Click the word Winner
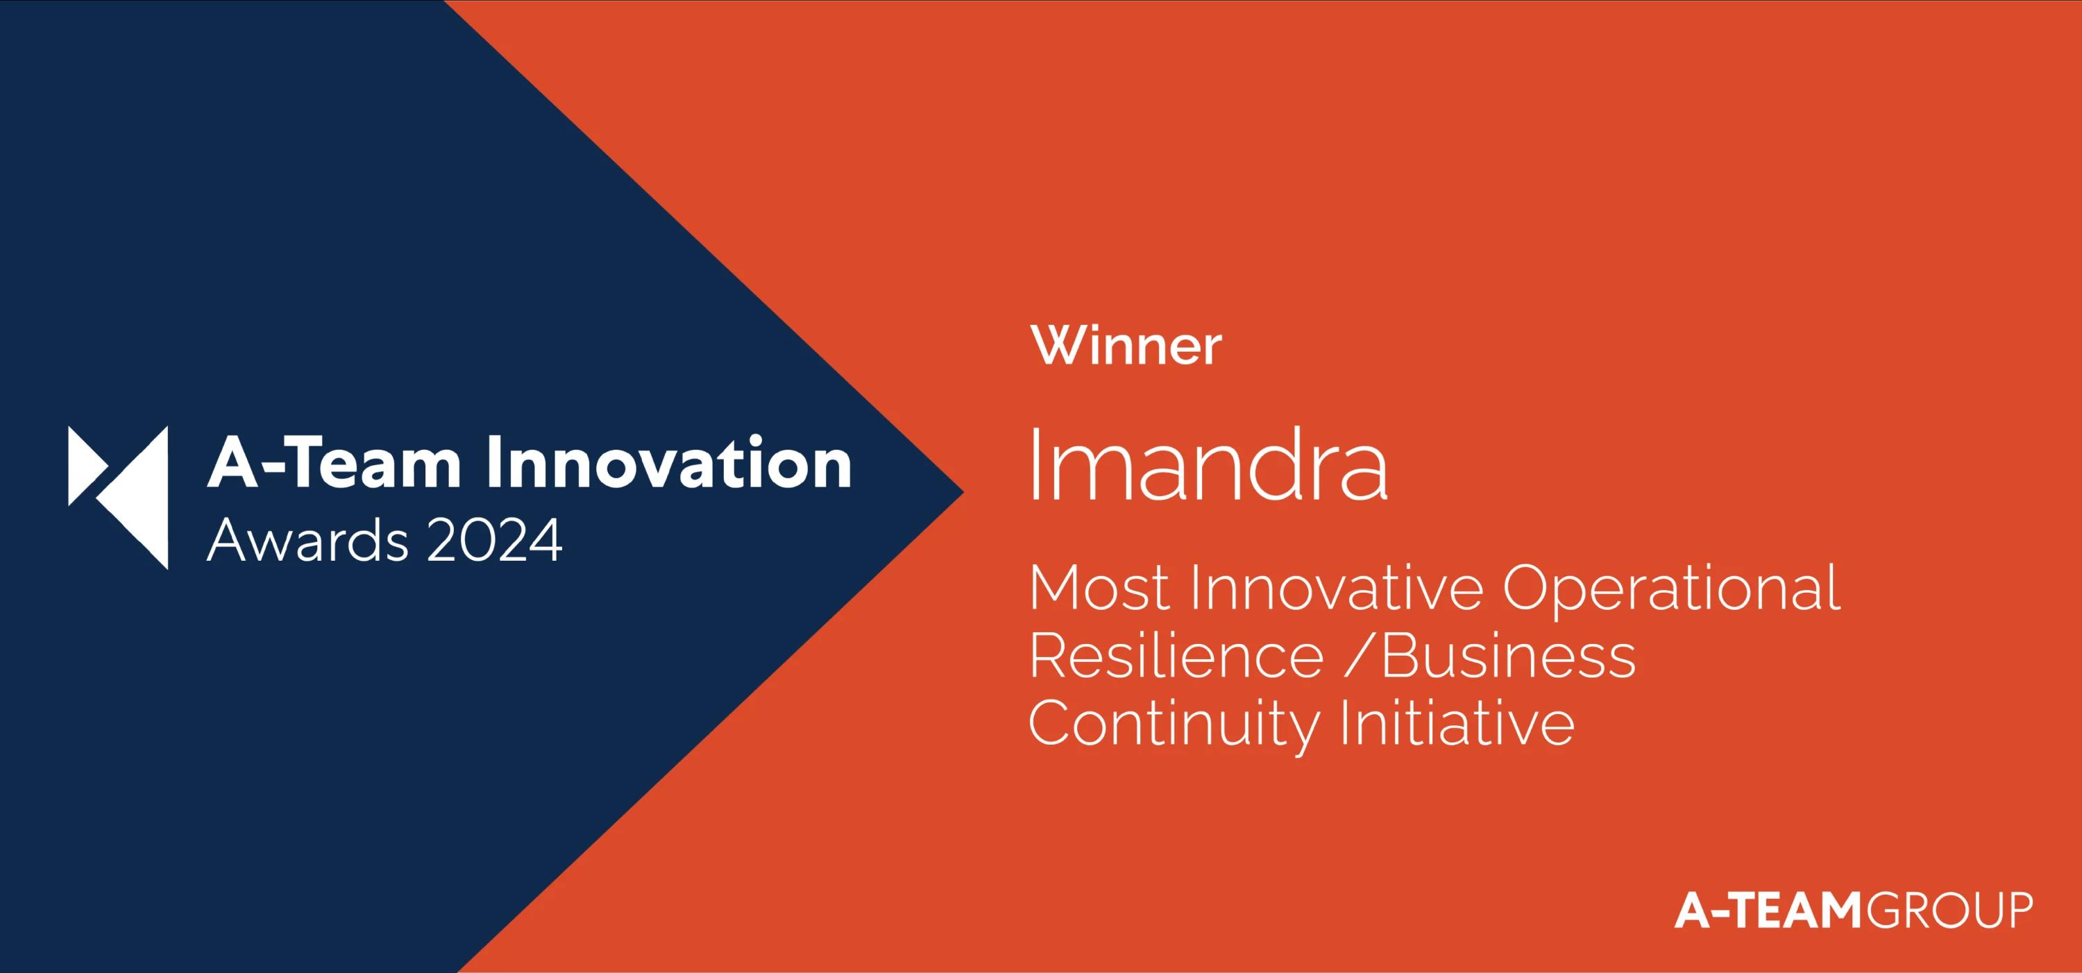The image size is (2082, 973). [1126, 347]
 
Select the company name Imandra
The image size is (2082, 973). [1208, 466]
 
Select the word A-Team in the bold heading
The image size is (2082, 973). [334, 463]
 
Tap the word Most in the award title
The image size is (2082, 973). [1099, 588]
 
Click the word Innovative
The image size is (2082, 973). [1336, 588]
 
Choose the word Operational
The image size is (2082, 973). [1670, 588]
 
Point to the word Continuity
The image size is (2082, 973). [1174, 723]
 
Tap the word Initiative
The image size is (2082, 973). [1457, 723]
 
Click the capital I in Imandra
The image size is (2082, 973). [1035, 466]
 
